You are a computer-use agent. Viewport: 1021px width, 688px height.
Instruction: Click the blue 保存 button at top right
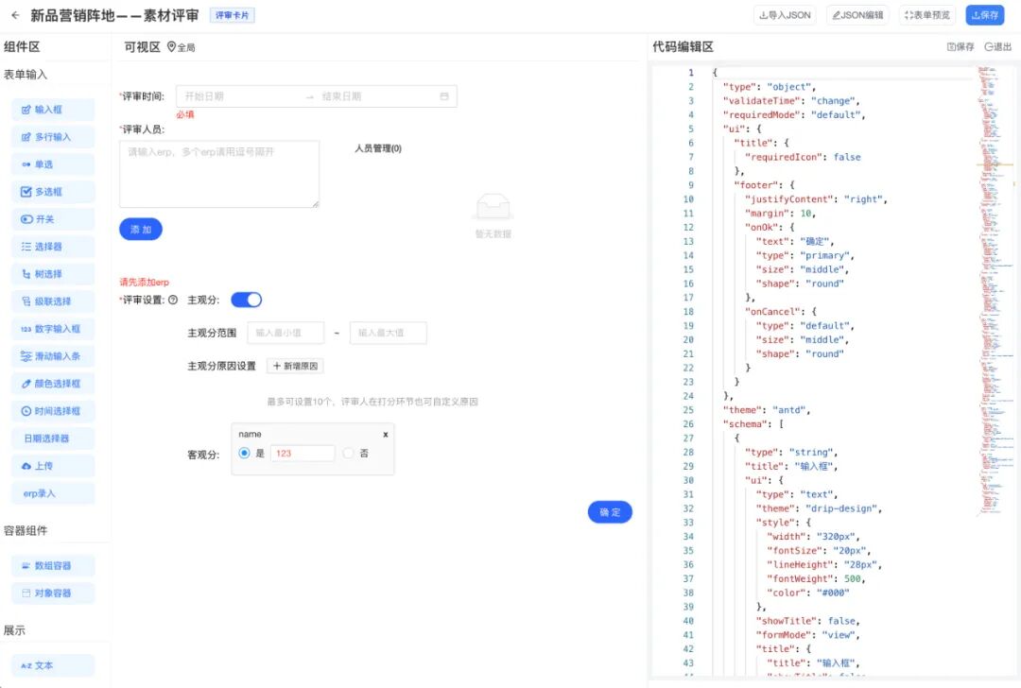click(985, 15)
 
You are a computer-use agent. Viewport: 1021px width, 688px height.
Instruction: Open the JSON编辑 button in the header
click(858, 15)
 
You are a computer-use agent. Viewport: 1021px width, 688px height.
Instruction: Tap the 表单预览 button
click(927, 15)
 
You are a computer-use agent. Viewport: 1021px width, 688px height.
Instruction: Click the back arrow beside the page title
click(15, 15)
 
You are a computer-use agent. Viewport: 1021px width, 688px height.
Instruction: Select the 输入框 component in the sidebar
click(53, 110)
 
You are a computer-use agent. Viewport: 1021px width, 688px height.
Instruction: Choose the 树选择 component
click(53, 274)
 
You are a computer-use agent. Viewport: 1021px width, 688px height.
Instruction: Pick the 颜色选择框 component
click(53, 384)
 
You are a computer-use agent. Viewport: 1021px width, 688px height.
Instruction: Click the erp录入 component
click(53, 493)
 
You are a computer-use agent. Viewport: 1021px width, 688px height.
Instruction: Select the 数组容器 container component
click(53, 566)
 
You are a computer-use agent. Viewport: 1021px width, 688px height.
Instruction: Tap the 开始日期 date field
click(236, 96)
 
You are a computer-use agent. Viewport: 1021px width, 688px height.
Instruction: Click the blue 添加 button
click(141, 230)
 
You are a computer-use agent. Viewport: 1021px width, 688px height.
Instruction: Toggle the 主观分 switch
click(247, 300)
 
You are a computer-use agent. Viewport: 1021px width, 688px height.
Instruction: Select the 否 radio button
click(349, 454)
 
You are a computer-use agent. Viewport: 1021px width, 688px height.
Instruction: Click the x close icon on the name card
click(385, 434)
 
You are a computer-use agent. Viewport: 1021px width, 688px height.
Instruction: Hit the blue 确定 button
click(610, 512)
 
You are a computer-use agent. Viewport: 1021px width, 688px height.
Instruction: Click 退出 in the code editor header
click(997, 46)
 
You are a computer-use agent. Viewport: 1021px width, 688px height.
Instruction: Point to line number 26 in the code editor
click(689, 424)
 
